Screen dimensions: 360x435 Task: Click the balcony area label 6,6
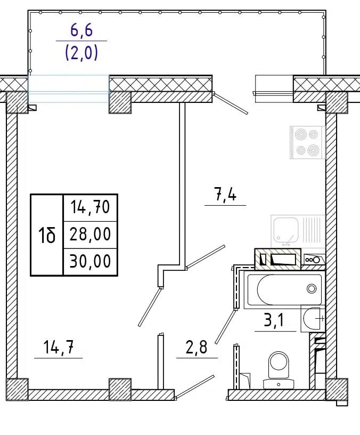coord(81,31)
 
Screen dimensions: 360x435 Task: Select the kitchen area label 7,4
coord(225,194)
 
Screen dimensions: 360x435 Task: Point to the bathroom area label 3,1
coord(274,320)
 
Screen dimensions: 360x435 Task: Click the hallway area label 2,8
coord(196,347)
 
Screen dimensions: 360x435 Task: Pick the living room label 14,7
coord(59,347)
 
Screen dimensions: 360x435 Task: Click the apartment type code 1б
coord(47,235)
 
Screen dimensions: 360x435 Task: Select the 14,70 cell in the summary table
coord(91,207)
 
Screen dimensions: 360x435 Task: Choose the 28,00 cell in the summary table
coord(91,235)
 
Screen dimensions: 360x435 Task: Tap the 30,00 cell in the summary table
coord(91,262)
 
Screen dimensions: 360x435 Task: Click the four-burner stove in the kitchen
coord(307,142)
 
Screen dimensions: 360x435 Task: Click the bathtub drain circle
coord(312,288)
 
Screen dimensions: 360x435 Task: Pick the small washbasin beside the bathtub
coord(313,318)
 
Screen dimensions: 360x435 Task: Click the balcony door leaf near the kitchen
coord(231,103)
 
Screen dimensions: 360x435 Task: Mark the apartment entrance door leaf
coord(195,388)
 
